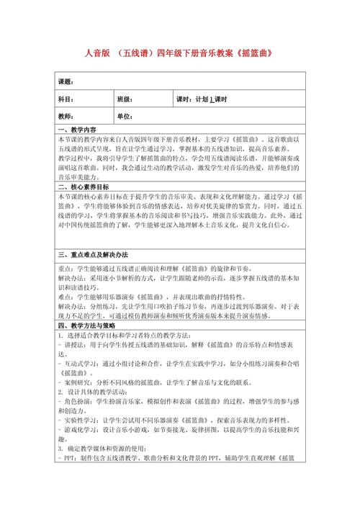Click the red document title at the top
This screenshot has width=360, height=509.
tap(179, 53)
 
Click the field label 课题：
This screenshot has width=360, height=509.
tap(66, 81)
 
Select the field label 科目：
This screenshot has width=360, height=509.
tap(66, 99)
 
